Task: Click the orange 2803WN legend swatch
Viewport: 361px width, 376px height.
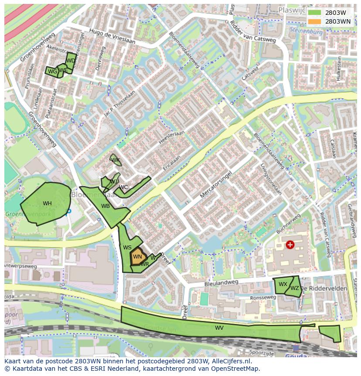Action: (314, 21)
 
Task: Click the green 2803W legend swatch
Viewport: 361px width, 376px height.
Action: (314, 13)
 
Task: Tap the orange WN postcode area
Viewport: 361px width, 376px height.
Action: (137, 257)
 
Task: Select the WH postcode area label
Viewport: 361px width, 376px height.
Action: (47, 204)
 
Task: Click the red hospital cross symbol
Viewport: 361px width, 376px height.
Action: (290, 245)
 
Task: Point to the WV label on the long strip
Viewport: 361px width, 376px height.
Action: (219, 328)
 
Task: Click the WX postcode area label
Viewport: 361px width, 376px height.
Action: (283, 284)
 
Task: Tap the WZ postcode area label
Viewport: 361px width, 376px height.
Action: (295, 288)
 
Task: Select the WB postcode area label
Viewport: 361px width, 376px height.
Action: (106, 206)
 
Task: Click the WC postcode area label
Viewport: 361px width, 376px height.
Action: (123, 187)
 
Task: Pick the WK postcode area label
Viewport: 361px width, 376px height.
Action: (116, 160)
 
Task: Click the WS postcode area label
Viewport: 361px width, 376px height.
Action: (127, 248)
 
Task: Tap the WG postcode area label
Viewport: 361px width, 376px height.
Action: (52, 72)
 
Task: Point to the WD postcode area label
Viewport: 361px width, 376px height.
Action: (71, 61)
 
